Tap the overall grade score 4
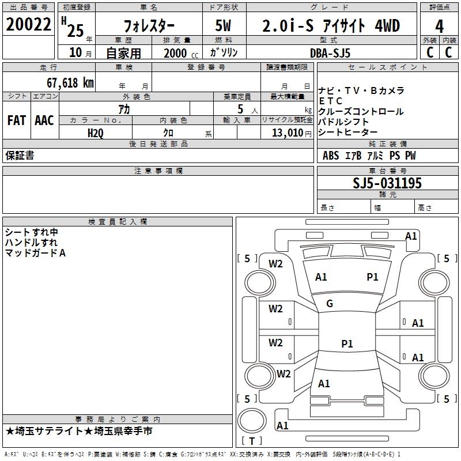tap(440, 26)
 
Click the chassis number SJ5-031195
tap(387, 184)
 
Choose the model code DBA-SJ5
tap(330, 52)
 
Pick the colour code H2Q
tap(96, 133)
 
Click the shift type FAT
tap(16, 120)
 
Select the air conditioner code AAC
tap(44, 120)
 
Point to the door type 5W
tap(225, 26)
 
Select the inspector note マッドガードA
tap(36, 253)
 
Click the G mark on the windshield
tap(330, 304)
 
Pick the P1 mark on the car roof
tap(347, 344)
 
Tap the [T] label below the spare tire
tap(251, 441)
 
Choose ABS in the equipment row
tap(331, 156)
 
